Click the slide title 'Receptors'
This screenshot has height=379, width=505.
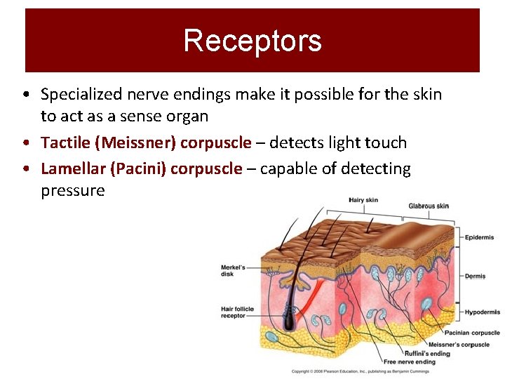coord(252,41)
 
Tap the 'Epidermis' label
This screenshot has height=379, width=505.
coord(479,237)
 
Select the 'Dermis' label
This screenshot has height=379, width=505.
coord(475,276)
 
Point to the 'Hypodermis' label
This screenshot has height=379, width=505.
coord(482,312)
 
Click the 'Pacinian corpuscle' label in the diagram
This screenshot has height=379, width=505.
coord(472,333)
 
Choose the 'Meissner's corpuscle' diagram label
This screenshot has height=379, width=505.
coord(459,345)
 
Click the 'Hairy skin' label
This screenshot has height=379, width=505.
coord(363,200)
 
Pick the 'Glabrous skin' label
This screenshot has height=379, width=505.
coord(429,206)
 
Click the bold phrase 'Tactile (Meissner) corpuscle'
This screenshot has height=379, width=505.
coord(146,142)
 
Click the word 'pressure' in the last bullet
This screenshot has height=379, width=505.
coord(72,190)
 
